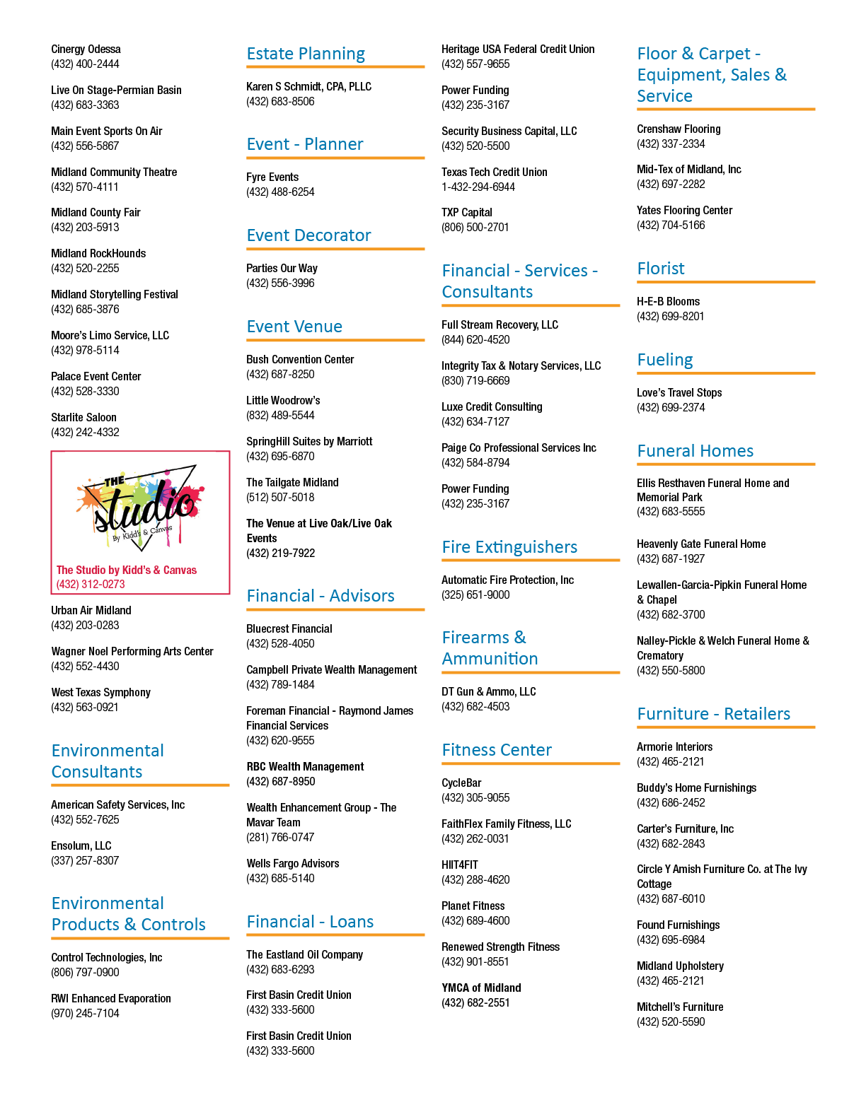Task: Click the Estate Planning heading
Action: point(306,54)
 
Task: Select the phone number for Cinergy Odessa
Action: point(85,64)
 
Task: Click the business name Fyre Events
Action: point(272,177)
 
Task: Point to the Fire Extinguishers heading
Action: point(509,546)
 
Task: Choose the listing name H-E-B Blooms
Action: point(668,302)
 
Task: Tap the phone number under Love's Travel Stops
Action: point(671,408)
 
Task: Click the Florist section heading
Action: point(661,269)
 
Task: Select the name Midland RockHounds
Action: point(98,253)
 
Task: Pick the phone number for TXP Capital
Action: point(475,227)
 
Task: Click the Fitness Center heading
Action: point(497,750)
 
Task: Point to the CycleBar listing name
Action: point(461,783)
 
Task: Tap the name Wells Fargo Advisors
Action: point(293,864)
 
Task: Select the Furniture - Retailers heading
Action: point(714,714)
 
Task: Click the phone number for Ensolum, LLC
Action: point(85,860)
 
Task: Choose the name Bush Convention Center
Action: point(300,360)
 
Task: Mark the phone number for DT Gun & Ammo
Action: point(475,707)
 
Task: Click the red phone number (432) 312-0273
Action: point(91,585)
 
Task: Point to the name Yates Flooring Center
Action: point(684,211)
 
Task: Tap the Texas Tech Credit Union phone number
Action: point(478,187)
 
